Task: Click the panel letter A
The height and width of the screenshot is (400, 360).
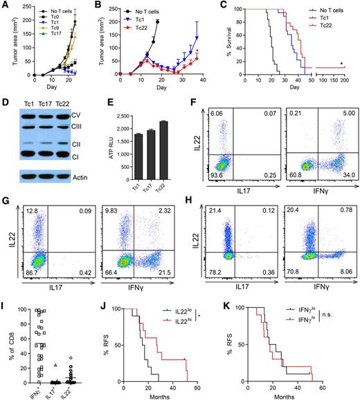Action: pos(6,6)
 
